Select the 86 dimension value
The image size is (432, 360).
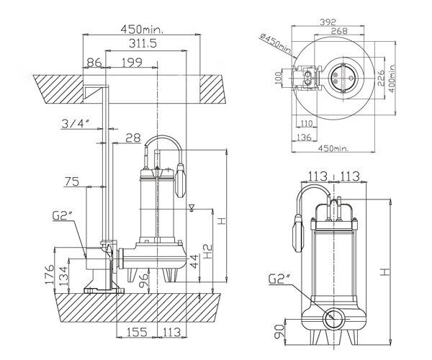tap(94, 63)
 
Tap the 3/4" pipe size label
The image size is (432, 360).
tap(76, 124)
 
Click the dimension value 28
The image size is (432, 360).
tap(132, 138)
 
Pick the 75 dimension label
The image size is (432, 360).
tap(71, 182)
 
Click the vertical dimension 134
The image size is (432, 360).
tap(64, 276)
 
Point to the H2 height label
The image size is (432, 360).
tap(208, 251)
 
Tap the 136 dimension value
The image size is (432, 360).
tap(305, 138)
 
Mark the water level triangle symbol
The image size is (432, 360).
tap(190, 207)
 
